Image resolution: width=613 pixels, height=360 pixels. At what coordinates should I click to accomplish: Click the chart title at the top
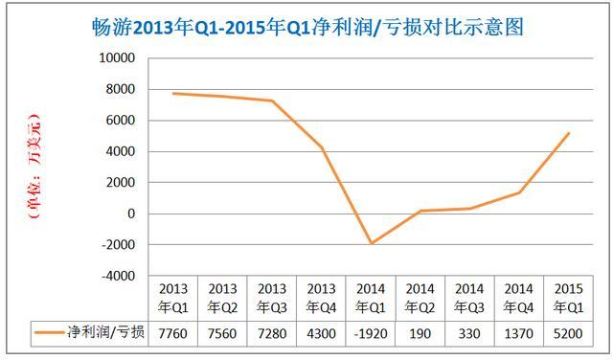tap(306, 27)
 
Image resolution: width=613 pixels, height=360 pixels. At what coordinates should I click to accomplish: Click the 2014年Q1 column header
tap(371, 298)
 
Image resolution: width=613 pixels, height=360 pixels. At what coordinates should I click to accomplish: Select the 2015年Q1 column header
tap(569, 298)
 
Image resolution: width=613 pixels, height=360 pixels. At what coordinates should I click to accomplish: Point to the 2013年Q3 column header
tap(272, 298)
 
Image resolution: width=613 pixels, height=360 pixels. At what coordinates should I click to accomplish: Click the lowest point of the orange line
tap(371, 243)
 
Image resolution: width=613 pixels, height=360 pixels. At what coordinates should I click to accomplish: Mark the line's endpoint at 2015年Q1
tap(569, 133)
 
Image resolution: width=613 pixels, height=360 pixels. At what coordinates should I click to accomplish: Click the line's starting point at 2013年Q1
tap(173, 93)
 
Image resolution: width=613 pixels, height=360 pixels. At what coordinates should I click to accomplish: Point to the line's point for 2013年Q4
tap(322, 146)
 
